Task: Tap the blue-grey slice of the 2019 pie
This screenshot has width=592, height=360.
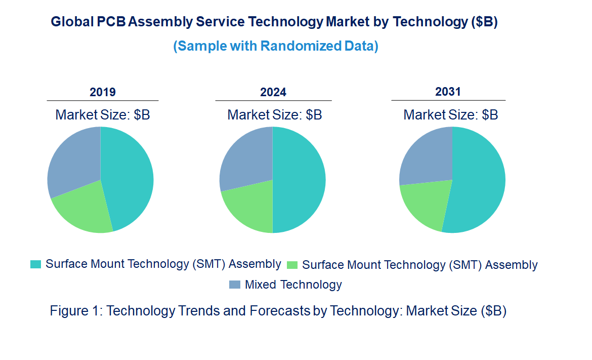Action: tap(73, 161)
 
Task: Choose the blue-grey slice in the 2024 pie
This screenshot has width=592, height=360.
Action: tap(245, 159)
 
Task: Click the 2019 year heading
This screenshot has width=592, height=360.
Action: tap(103, 92)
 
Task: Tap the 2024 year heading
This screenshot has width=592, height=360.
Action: tap(273, 92)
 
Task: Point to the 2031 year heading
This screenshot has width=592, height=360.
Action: tap(448, 92)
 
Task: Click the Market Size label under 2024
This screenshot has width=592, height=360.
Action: tap(274, 115)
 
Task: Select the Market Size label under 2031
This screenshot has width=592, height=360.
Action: tap(450, 115)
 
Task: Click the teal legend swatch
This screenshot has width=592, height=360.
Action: tap(35, 264)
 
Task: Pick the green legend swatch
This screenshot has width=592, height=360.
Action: tap(292, 265)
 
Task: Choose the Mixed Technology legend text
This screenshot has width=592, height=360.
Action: tap(293, 285)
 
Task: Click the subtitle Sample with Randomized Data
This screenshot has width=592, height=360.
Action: tap(276, 46)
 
